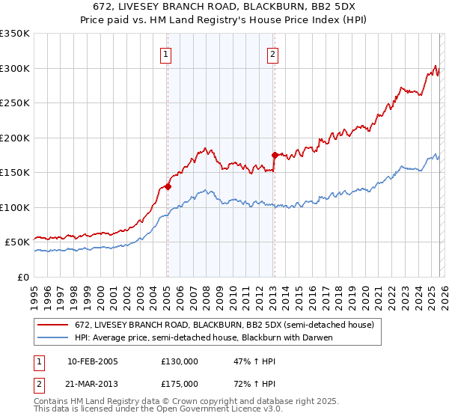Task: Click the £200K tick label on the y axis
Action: pos(14,138)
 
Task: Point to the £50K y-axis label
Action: pos(16,242)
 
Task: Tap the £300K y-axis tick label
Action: pos(14,68)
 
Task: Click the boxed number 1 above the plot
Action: pos(165,54)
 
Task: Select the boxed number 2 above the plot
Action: pos(273,54)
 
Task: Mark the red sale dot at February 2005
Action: pos(168,187)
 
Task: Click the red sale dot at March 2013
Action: pos(275,156)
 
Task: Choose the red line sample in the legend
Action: pos(55,325)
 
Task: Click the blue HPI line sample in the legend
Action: pos(55,337)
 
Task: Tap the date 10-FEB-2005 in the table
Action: pos(93,361)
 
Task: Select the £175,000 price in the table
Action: pos(180,384)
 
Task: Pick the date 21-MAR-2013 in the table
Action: pos(93,384)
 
